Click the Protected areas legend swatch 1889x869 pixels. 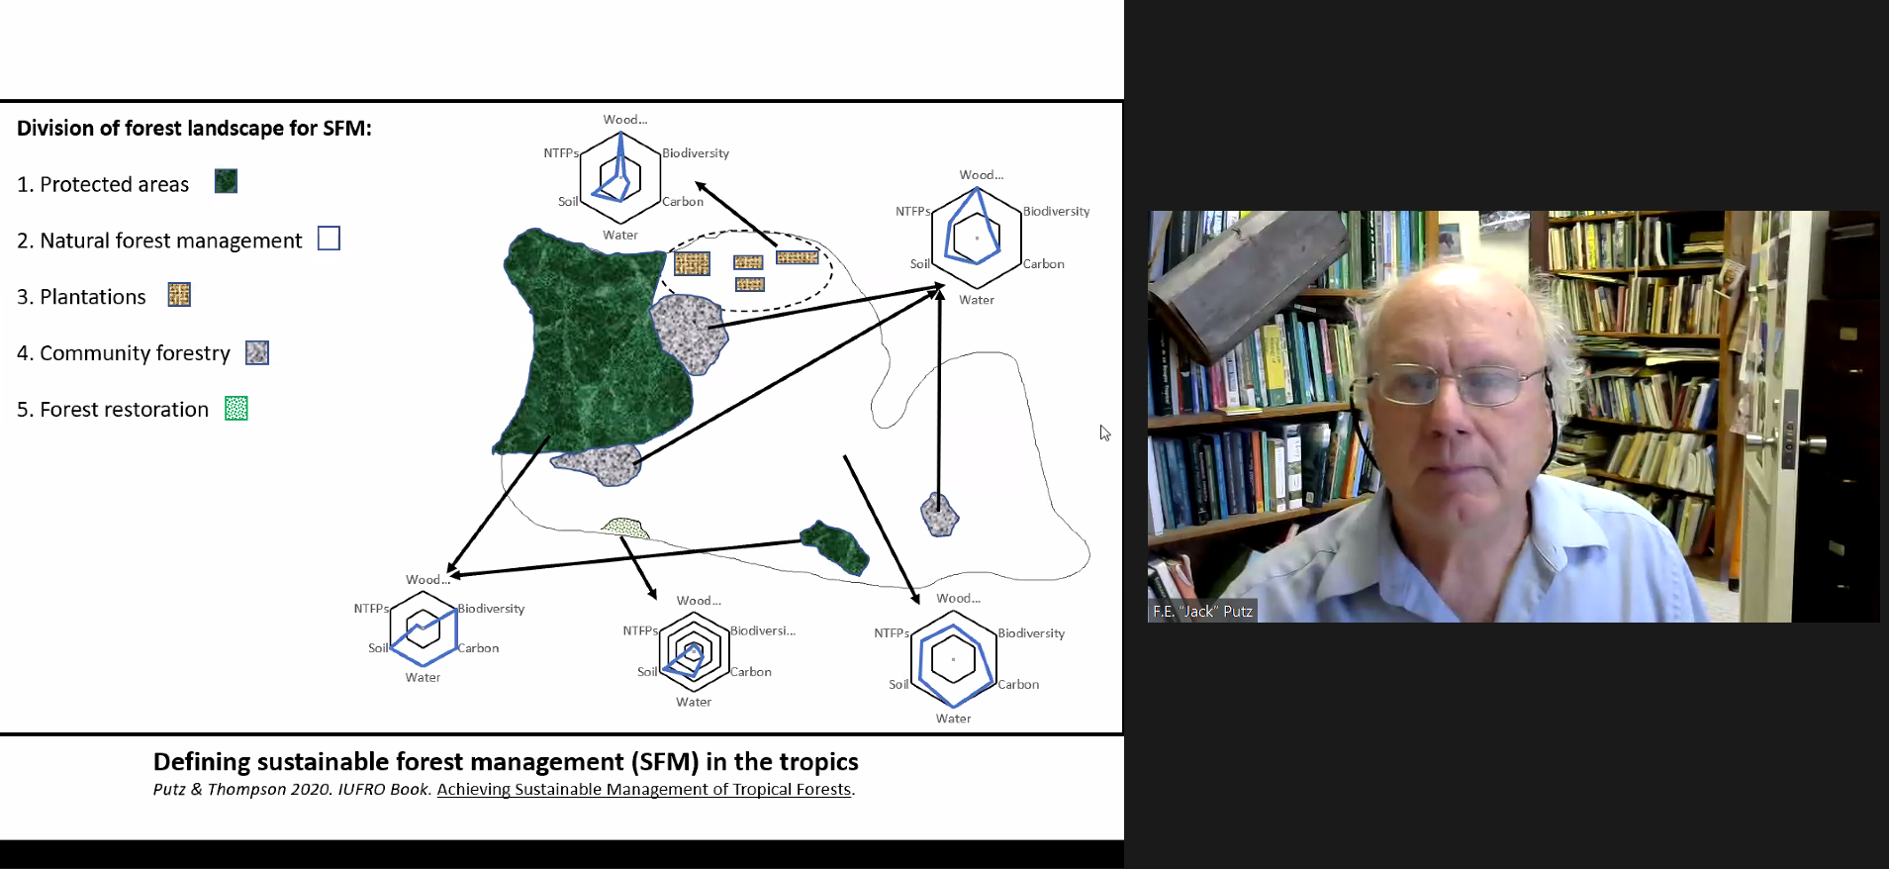226,181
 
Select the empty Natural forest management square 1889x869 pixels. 329,239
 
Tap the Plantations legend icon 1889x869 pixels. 179,295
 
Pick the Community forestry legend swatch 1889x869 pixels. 257,352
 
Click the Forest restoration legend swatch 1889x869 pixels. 236,408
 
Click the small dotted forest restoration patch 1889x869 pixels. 624,527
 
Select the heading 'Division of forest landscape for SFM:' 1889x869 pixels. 194,129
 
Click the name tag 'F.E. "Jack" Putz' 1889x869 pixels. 1202,611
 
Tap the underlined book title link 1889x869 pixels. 643,789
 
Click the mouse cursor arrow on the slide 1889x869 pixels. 1103,432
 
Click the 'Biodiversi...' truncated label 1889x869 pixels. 762,630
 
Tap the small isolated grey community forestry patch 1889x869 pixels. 939,514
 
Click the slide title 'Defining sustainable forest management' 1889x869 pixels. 505,761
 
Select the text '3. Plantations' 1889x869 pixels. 81,297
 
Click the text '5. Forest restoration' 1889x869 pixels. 113,410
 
